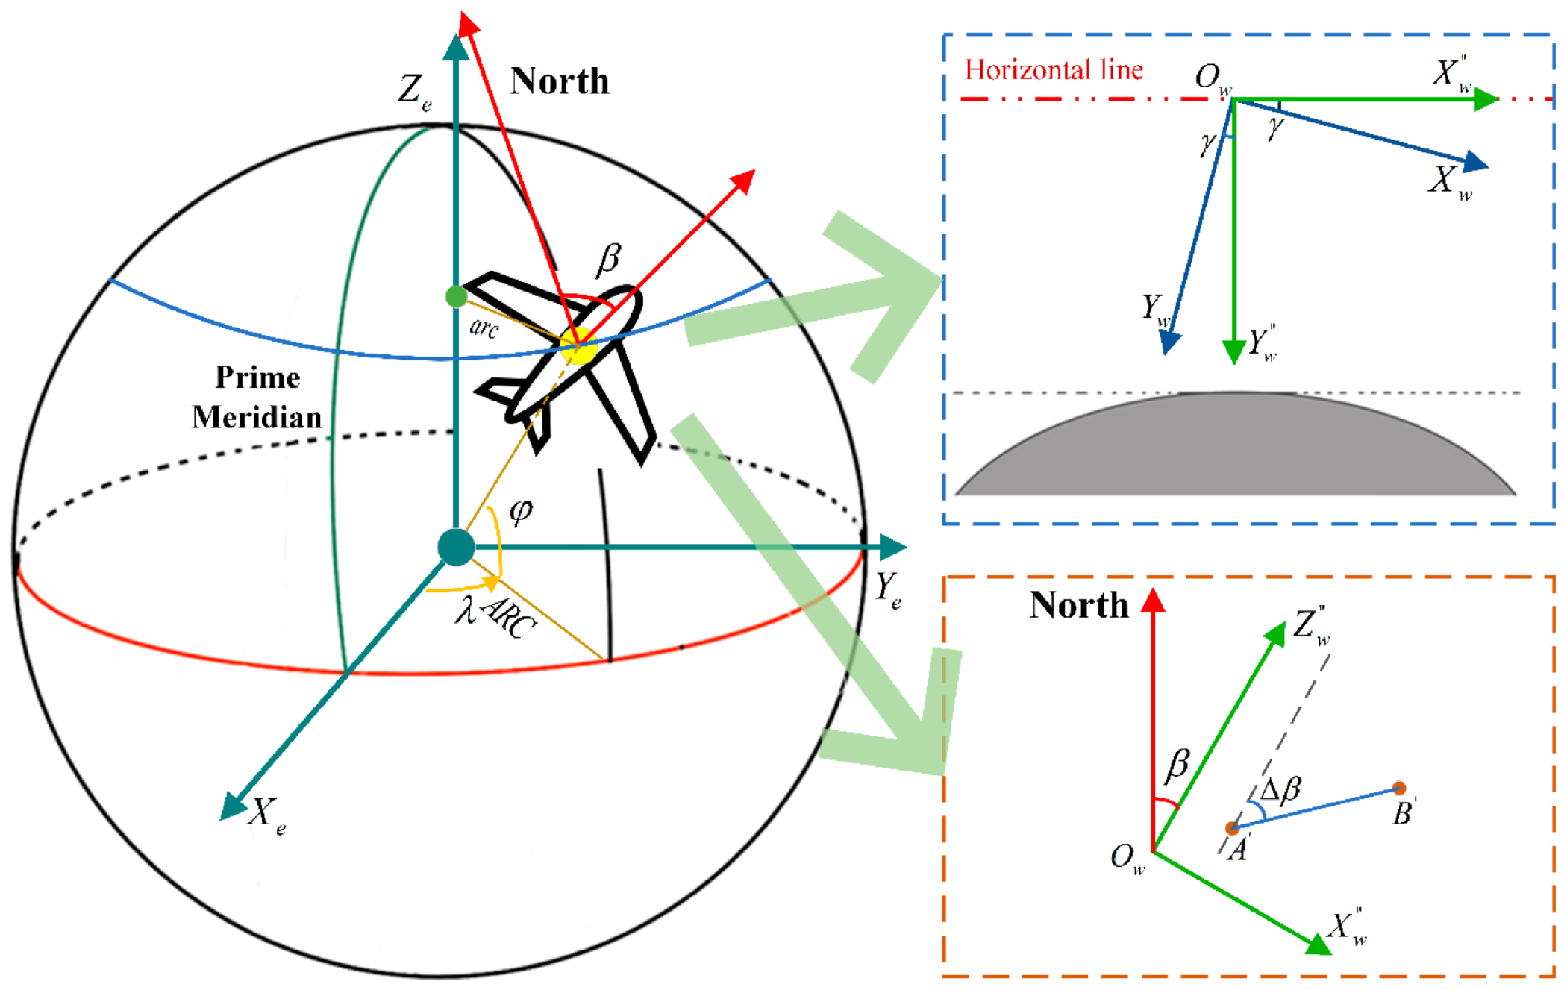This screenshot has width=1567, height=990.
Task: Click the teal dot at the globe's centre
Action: click(456, 547)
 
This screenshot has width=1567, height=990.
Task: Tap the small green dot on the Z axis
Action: click(456, 297)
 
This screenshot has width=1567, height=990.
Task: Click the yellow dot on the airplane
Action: click(580, 347)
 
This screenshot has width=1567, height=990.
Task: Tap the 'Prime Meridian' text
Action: click(257, 397)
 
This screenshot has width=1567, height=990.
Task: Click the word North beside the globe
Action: click(560, 81)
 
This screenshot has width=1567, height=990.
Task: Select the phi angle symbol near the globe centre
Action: click(521, 511)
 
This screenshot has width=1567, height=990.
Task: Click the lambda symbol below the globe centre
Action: click(466, 609)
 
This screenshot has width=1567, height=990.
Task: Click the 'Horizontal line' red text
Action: click(1054, 70)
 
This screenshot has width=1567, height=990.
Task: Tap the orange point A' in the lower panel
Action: click(1232, 828)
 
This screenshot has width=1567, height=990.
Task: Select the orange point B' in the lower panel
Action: click(1399, 789)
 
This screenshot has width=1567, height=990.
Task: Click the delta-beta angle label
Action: click(1280, 789)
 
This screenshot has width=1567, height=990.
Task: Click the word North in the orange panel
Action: click(1078, 605)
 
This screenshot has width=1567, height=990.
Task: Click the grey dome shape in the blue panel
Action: click(1236, 448)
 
